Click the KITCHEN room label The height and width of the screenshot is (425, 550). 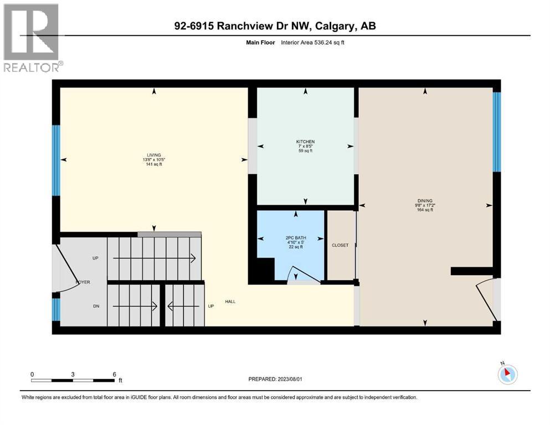tap(305, 142)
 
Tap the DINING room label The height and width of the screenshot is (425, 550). tap(425, 201)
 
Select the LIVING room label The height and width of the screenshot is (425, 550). tap(153, 155)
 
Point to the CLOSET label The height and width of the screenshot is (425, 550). tap(340, 245)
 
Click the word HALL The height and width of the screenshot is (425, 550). tap(230, 302)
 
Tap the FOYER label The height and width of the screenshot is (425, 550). tap(83, 282)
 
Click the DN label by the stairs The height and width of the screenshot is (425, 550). tap(96, 306)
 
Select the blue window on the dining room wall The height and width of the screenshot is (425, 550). tap(497, 132)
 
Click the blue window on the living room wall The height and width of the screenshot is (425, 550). tap(56, 160)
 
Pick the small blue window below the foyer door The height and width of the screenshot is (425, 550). tap(56, 309)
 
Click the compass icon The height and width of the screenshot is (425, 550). tap(507, 375)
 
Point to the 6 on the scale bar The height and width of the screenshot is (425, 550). tap(114, 374)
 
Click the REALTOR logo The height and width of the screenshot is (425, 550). tap(32, 38)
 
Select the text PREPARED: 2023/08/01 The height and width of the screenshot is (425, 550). tap(275, 379)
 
